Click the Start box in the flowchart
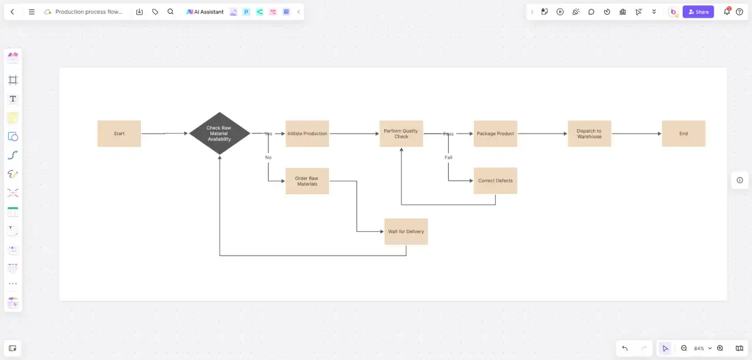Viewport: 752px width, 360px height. pos(119,133)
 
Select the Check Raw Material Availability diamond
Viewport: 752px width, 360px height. pos(220,133)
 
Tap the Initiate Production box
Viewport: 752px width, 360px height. pos(307,133)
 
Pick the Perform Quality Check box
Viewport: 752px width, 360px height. pos(401,133)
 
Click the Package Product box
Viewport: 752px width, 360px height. pos(495,133)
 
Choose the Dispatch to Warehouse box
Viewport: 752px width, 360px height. pos(589,133)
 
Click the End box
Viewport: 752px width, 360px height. pos(683,133)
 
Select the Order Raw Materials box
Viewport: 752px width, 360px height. pos(307,181)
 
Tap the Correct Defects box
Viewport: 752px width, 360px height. pos(495,180)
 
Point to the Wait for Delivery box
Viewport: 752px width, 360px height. pos(406,231)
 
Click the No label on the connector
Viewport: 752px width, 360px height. pos(268,157)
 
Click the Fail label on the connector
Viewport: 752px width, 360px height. pos(448,157)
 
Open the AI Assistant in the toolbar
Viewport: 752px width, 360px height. pos(205,12)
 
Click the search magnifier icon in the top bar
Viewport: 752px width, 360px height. pos(170,12)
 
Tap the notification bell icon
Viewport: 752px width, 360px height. pos(727,11)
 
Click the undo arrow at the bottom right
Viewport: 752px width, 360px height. pos(625,348)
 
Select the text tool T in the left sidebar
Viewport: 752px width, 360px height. pos(13,99)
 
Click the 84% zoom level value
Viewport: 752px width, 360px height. pos(699,349)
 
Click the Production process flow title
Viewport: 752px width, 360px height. pos(89,12)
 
